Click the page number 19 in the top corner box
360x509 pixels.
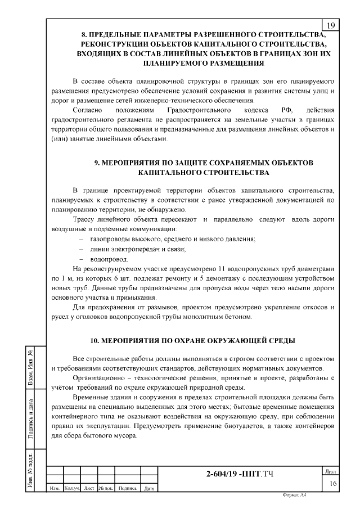point(330,25)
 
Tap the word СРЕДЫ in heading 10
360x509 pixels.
point(280,340)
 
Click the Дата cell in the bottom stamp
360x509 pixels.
point(149,488)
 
